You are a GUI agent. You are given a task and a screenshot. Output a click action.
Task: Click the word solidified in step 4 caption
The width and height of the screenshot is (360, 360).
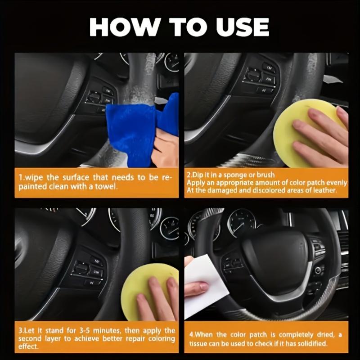(316, 343)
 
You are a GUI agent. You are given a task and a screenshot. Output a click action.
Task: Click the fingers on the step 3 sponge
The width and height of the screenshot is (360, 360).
(157, 297)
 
